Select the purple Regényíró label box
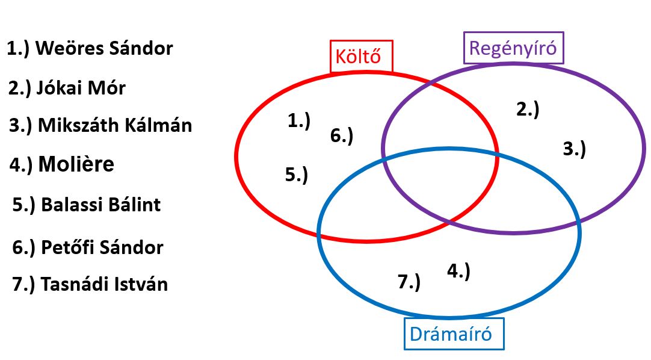513,48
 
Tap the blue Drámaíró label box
454,334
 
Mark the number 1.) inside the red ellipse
299,121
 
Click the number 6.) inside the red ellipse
342,136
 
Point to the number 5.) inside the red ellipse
297,175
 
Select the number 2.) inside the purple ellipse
528,109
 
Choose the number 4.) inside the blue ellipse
458,271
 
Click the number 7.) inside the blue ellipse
409,281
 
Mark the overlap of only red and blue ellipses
361,205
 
